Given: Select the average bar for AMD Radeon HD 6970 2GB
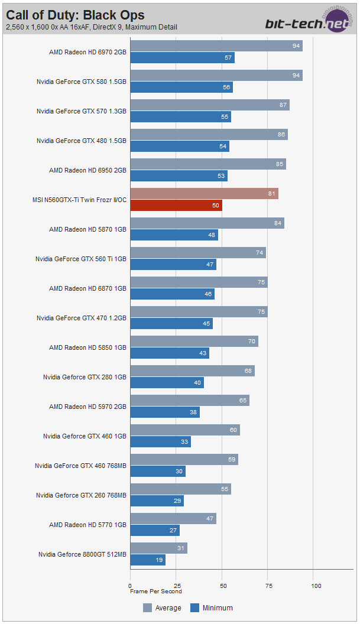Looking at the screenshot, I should [216, 46].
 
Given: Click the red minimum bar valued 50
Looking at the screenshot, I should [176, 206].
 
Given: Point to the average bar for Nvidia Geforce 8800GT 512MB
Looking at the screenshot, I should [158, 548].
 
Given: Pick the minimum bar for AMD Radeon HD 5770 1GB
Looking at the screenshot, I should [155, 531].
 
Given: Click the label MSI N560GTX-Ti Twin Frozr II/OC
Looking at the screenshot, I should [79, 200].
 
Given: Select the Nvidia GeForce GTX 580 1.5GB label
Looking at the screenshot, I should [82, 82].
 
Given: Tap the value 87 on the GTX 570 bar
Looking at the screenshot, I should [284, 105].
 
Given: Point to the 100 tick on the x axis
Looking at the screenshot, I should [316, 586].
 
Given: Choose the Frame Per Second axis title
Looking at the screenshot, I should [156, 591].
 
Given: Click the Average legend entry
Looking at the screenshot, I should [164, 608].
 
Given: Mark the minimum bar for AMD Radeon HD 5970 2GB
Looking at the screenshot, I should [165, 412].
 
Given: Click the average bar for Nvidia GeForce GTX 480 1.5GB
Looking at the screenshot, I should [209, 135].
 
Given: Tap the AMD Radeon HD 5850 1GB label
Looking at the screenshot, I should [87, 347].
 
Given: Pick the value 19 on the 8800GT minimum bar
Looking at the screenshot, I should [160, 560].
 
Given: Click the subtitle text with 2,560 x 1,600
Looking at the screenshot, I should [92, 27].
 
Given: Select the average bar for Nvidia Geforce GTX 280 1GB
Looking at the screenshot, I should [192, 371].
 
